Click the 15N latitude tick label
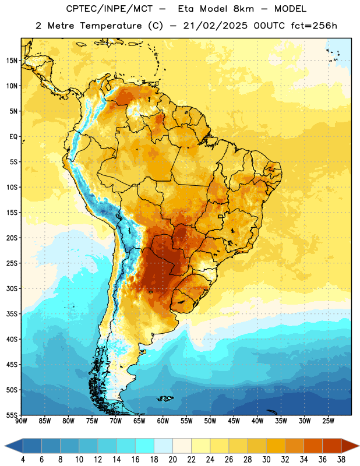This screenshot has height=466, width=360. click(12, 61)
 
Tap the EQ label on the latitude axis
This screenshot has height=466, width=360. click(13, 137)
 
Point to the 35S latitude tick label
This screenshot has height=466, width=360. click(12, 314)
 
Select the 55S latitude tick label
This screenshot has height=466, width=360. click(12, 415)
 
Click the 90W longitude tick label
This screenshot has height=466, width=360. click(21, 421)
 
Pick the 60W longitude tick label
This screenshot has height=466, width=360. click(163, 421)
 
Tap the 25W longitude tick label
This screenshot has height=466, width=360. click(328, 421)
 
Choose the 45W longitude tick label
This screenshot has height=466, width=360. click(234, 421)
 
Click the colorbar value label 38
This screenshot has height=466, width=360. click(341, 460)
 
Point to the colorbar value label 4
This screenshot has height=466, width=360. click(23, 460)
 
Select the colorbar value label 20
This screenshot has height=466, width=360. click(172, 460)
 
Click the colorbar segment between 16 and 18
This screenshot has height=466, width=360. click(145, 446)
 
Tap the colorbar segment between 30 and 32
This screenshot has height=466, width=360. click(276, 446)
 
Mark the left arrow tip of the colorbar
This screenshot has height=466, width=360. click(5, 446)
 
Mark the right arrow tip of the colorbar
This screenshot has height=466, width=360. click(359, 446)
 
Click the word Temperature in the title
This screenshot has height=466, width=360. click(111, 26)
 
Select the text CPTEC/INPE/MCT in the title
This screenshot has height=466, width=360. click(109, 9)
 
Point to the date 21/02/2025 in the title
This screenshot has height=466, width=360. click(215, 26)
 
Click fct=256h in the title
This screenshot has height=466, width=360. click(314, 26)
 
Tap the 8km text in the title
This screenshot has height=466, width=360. click(243, 9)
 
